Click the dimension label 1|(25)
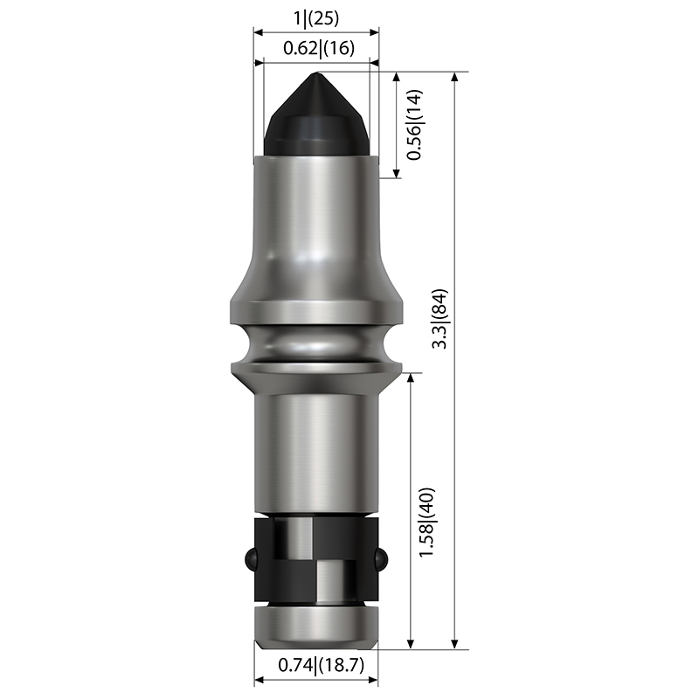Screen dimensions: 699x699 [x=316, y=18]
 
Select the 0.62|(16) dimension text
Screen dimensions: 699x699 [x=319, y=48]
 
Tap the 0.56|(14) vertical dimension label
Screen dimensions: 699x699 [x=414, y=125]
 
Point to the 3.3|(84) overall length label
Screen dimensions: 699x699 [x=440, y=319]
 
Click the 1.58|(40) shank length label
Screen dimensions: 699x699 [x=426, y=522]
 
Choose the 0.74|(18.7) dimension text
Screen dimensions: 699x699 [x=322, y=666]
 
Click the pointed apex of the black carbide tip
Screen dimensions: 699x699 [x=316, y=73]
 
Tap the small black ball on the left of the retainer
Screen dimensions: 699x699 [x=250, y=559]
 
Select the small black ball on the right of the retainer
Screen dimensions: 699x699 [x=382, y=559]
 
